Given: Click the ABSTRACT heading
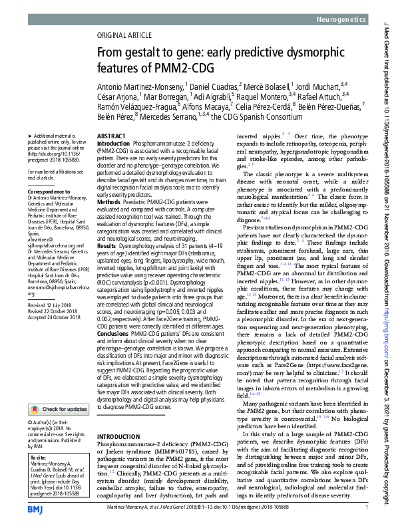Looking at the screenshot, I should (x=111, y=135).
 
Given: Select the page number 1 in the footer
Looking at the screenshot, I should (x=367, y=508).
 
